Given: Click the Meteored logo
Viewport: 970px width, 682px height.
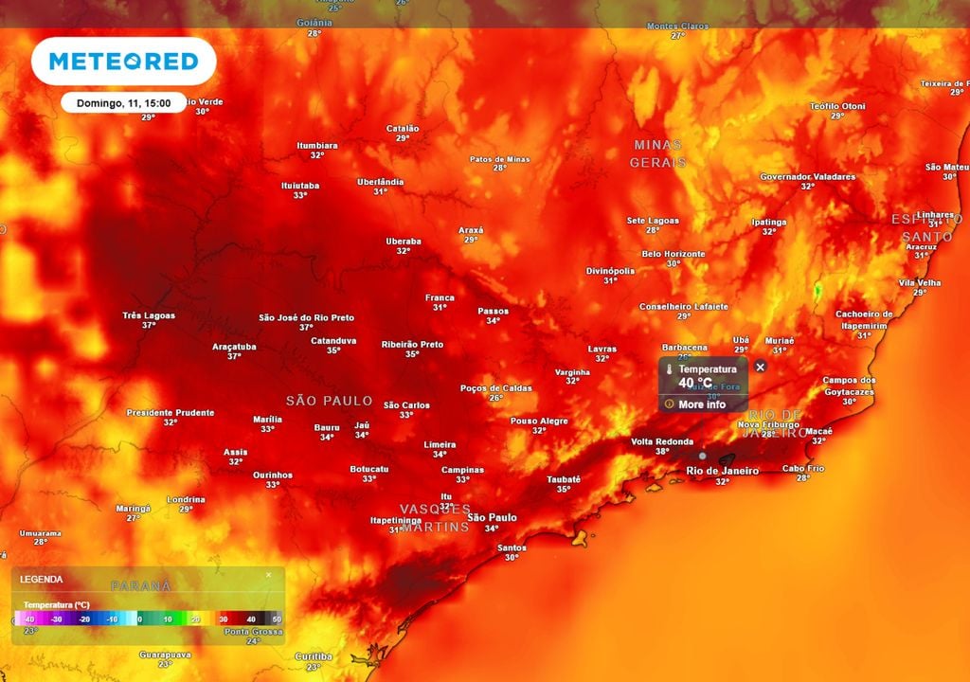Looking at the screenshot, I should click(123, 62).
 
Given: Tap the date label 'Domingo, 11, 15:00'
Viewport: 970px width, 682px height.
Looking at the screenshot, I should click(123, 102).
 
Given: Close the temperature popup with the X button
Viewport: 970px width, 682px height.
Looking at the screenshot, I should click(761, 367).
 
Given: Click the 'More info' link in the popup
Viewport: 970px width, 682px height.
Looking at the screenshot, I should click(702, 404).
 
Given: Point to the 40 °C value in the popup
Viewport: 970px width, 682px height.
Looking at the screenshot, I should click(695, 384).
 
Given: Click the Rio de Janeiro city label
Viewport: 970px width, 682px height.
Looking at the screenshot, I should click(722, 471).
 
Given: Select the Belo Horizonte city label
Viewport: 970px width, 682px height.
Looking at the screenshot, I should click(674, 254).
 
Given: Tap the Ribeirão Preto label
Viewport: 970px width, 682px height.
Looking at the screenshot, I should click(412, 345).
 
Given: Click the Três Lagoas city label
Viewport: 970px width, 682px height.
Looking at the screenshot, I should click(149, 315).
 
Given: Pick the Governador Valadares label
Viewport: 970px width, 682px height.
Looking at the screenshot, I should click(807, 177).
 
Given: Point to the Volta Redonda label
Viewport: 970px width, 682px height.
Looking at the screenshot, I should click(662, 441).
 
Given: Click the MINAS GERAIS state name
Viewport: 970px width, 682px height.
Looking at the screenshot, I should click(657, 153).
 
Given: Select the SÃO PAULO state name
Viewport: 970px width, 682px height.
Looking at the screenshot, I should click(329, 401).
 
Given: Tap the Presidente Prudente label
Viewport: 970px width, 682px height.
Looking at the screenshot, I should click(171, 413).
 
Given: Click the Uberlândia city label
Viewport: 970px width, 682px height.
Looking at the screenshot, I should click(380, 182).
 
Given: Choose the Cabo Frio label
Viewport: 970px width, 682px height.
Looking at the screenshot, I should click(803, 468).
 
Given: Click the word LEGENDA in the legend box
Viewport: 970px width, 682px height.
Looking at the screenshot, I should click(42, 579).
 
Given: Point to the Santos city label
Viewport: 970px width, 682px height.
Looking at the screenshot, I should click(512, 547).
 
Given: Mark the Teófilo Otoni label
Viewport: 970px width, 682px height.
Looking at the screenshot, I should click(837, 106).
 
